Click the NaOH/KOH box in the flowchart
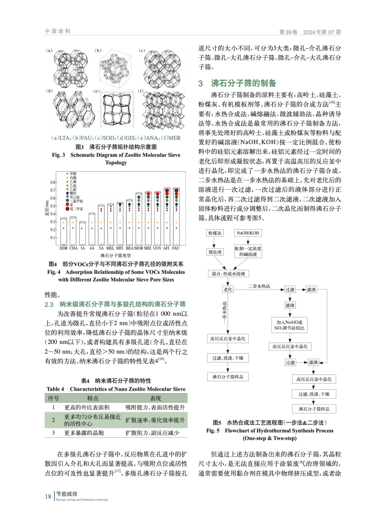[248, 233]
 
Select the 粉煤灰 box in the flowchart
[215, 233]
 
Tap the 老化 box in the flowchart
[228, 289]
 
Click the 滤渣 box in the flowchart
[311, 289]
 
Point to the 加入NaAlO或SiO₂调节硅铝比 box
[289, 325]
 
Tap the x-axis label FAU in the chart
[176, 248]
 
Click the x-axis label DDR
[63, 248]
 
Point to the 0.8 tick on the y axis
[53, 182]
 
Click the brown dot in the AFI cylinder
[167, 190]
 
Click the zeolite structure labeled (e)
[117, 110]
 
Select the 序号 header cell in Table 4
[53, 398]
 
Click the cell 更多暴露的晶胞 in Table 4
[84, 433]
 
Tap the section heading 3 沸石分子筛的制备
[237, 83]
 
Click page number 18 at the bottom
[48, 496]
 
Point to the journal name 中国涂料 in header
[58, 31]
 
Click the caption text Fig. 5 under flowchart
[213, 430]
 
